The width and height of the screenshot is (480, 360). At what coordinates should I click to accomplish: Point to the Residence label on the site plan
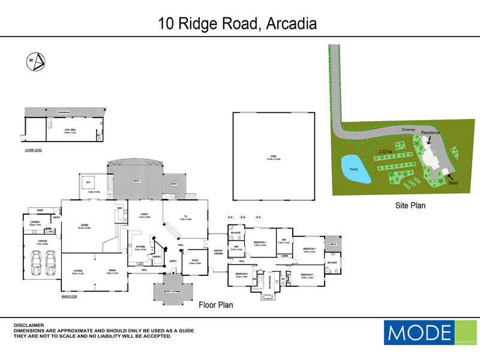(x=430, y=133)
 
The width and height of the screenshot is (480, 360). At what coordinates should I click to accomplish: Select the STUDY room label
(x=195, y=260)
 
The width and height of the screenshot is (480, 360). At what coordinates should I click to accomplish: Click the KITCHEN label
(x=140, y=247)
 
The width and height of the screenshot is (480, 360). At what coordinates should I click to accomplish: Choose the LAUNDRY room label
(x=35, y=223)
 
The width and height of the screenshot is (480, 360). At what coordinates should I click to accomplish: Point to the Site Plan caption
(x=410, y=205)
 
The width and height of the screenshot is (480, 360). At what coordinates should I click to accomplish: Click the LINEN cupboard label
(x=284, y=256)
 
